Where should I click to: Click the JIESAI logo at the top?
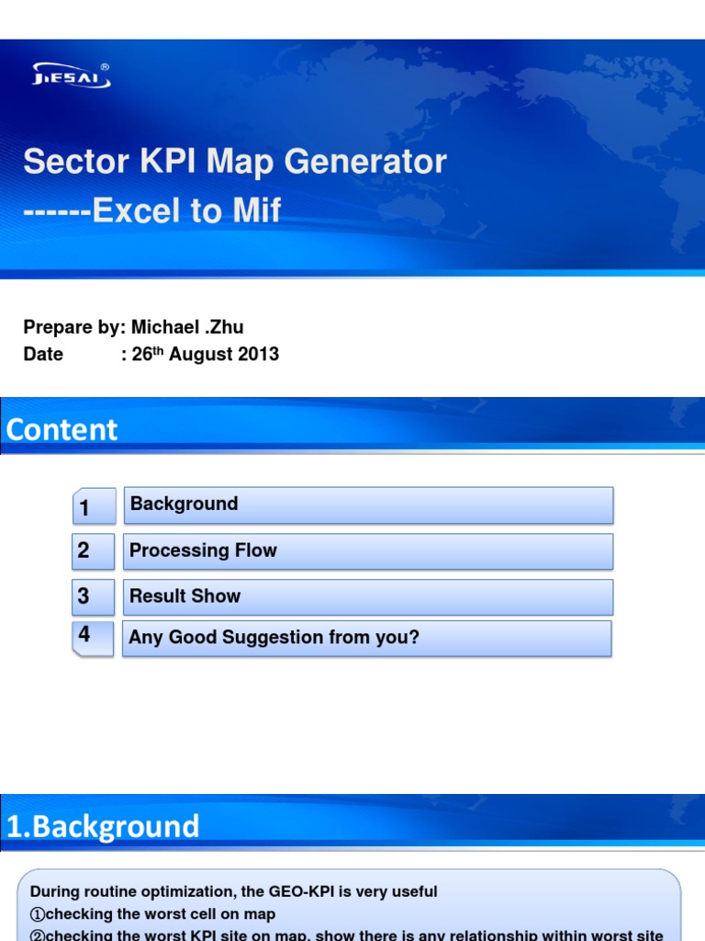(72, 75)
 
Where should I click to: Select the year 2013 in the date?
(260, 354)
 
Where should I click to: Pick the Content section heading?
(62, 429)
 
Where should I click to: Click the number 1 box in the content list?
(94, 506)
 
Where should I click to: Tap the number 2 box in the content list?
(94, 551)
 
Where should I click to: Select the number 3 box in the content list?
(94, 596)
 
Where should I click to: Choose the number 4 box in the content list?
(94, 637)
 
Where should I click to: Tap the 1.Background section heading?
(103, 826)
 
